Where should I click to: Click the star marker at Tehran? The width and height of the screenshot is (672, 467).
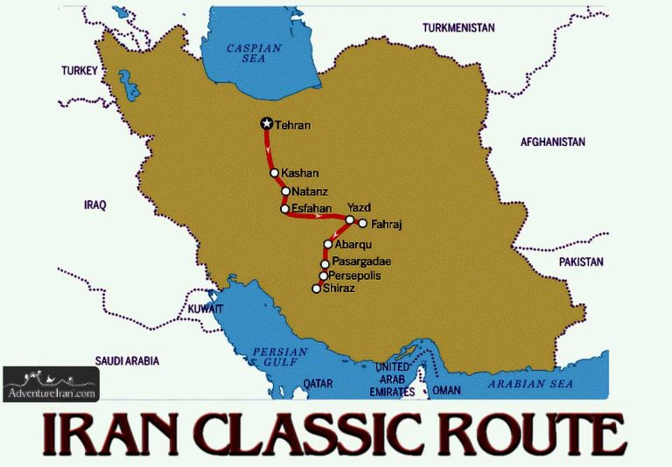[267, 124]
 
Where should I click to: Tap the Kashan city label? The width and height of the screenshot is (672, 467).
[300, 173]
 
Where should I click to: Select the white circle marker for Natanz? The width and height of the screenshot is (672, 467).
[285, 191]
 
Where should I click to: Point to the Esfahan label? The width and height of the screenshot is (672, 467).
[312, 208]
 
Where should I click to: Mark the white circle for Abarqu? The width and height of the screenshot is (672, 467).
[328, 244]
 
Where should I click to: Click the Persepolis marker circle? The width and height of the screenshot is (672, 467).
[323, 275]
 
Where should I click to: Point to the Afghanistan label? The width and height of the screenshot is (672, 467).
[552, 142]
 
